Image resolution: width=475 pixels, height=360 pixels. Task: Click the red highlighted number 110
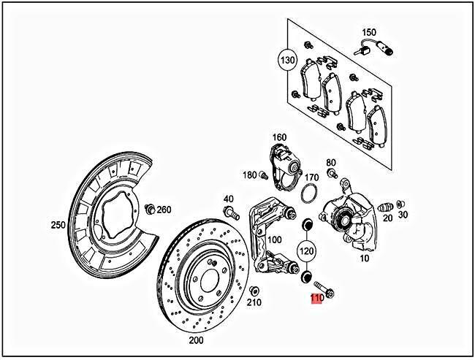pos(316,299)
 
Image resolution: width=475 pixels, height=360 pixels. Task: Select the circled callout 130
pos(286,59)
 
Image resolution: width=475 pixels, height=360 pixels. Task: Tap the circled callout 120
pos(306,251)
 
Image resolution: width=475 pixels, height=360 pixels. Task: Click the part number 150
pos(369,32)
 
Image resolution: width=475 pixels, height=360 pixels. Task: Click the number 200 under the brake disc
pos(197,340)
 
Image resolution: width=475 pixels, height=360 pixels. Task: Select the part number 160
pos(279,137)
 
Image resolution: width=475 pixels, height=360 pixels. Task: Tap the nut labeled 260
pos(150,210)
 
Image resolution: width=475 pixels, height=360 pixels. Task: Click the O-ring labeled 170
pos(309,194)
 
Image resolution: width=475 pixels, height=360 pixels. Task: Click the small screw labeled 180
pos(265,175)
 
